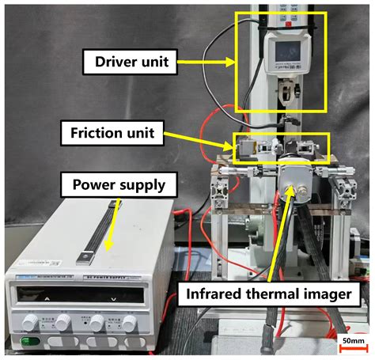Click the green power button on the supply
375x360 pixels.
(28, 342)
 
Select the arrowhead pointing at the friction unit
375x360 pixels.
(233, 145)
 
